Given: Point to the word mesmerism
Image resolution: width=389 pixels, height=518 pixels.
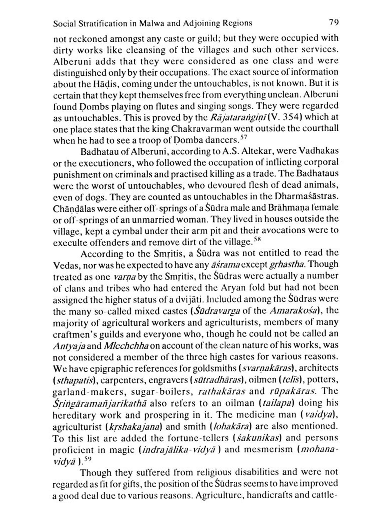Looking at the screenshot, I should coord(268,449).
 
